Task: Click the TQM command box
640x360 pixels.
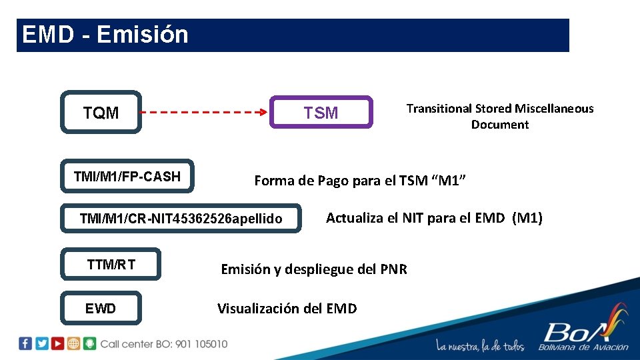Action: click(101, 112)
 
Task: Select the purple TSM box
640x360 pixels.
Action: click(321, 112)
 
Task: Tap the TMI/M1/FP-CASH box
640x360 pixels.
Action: click(127, 177)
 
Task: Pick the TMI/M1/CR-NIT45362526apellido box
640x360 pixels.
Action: click(181, 218)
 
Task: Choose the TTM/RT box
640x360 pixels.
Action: click(111, 264)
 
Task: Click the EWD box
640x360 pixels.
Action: click(101, 308)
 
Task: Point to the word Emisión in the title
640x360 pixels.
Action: click(143, 35)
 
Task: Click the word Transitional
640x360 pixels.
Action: click(439, 109)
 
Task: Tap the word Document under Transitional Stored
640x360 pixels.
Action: click(500, 125)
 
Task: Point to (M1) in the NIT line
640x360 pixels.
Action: click(527, 217)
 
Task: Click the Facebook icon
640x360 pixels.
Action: click(25, 343)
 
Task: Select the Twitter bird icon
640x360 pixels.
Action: click(42, 343)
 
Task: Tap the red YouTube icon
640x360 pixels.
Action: click(58, 343)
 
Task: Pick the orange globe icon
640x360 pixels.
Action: click(73, 343)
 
